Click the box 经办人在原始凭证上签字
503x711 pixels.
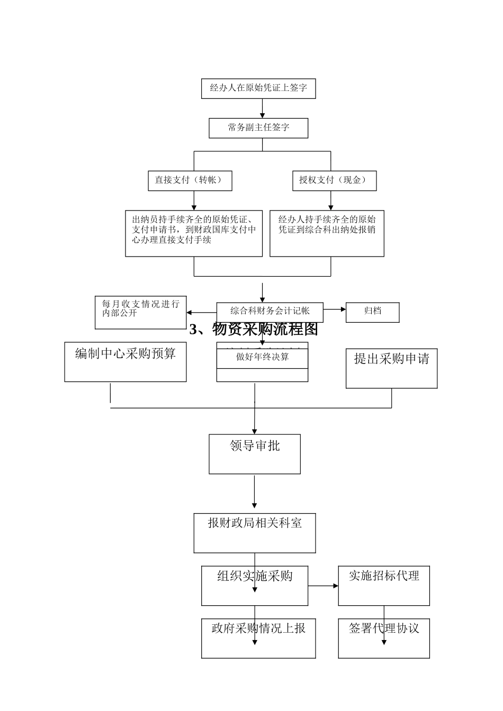[x=258, y=88]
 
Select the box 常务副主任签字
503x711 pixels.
[x=258, y=128]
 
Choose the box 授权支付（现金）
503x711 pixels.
[x=334, y=180]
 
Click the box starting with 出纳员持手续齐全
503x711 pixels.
[x=194, y=233]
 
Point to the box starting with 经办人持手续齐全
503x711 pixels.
[x=327, y=233]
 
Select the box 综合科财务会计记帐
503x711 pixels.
[x=270, y=311]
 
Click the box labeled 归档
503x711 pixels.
[x=372, y=312]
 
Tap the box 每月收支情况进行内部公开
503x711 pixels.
[x=140, y=308]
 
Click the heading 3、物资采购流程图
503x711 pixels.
[x=254, y=330]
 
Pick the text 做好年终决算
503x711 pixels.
[x=262, y=357]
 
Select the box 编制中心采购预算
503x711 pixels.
[x=125, y=361]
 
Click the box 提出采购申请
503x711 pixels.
[x=391, y=368]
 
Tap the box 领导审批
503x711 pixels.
[x=255, y=454]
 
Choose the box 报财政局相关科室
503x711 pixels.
[x=255, y=533]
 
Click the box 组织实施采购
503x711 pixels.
[x=255, y=586]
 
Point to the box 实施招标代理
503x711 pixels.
[x=384, y=586]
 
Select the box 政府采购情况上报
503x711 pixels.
[x=258, y=638]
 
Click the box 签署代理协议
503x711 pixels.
[x=384, y=638]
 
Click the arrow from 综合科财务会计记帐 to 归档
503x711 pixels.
[x=334, y=309]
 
